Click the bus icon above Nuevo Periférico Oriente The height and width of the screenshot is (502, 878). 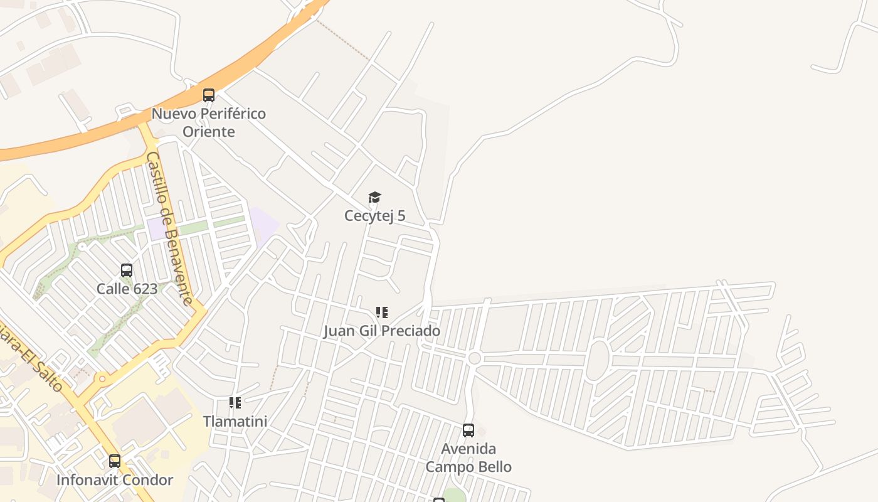click(209, 95)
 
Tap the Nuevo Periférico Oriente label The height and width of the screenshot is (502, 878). click(209, 122)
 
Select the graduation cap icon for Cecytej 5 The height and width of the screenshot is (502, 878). click(374, 198)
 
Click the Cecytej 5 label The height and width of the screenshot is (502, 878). click(374, 216)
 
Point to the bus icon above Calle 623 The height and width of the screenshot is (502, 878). click(127, 270)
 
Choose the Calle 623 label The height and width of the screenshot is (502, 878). click(127, 289)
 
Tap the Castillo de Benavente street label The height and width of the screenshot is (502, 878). click(169, 228)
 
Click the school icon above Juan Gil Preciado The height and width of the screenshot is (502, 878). click(381, 312)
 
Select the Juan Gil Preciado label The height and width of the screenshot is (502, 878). click(381, 331)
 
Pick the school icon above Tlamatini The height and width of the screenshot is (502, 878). click(235, 403)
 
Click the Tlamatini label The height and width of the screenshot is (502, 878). click(235, 421)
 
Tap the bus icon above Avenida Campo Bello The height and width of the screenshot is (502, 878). click(468, 430)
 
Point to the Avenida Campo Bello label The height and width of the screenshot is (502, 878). click(468, 457)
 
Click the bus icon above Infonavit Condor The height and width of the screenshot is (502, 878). click(115, 461)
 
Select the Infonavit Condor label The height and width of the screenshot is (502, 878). click(115, 480)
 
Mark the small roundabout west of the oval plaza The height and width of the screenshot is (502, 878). click(475, 358)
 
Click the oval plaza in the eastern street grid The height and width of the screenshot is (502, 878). click(598, 360)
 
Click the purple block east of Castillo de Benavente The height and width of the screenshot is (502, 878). click(263, 223)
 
